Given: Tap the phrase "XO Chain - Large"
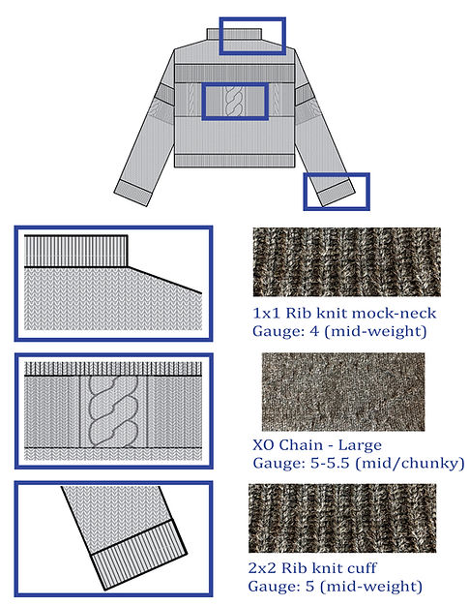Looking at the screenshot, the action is tap(317, 445).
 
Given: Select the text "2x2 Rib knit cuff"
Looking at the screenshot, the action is tap(312, 567).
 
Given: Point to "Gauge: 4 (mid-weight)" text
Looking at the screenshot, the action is tap(339, 331).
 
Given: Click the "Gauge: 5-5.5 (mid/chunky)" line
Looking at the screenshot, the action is tap(359, 463).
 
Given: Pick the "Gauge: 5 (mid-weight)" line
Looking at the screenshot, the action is tap(335, 586).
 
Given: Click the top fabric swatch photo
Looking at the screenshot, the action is tap(346, 262).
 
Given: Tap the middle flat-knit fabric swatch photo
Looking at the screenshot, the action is tap(343, 391).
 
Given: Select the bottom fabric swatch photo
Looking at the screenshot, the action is tap(342, 518).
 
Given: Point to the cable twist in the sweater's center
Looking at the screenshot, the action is tap(234, 101).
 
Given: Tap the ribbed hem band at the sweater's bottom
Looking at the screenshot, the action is tap(234, 161).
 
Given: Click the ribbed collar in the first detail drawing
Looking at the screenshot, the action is tap(76, 251).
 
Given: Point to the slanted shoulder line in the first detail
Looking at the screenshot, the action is tap(164, 280).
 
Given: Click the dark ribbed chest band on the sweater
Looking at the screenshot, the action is tap(234, 73).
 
